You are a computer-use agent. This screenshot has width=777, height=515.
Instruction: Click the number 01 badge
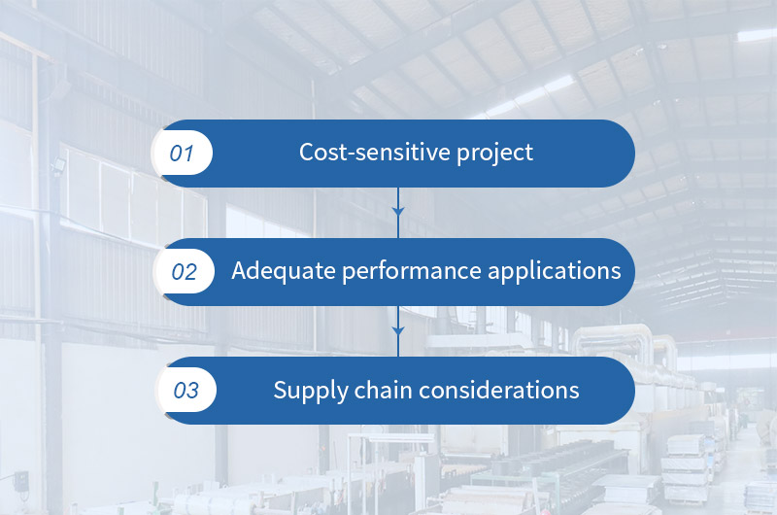pos(184,154)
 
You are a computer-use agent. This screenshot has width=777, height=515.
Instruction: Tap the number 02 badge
pos(184,272)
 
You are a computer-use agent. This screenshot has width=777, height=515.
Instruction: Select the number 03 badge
pos(186,391)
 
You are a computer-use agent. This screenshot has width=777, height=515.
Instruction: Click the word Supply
pos(306,392)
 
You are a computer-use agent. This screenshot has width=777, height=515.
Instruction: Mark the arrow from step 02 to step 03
pos(397,330)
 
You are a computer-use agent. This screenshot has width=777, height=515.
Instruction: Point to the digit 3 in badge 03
pos(192,391)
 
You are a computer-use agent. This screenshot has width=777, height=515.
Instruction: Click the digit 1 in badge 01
pos(189,154)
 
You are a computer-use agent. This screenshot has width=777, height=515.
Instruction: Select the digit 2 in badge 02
pos(190,272)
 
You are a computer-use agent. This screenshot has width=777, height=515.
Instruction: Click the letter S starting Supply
pos(280,390)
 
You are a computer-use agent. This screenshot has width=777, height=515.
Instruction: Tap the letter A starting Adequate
pos(240,271)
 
